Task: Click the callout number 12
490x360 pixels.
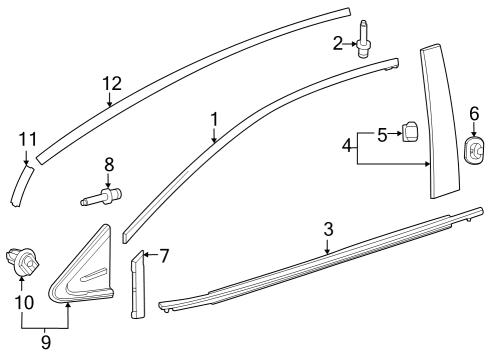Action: click(110, 84)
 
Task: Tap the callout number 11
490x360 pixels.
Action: click(27, 139)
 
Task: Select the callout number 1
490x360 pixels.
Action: click(213, 119)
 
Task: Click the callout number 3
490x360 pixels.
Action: click(327, 229)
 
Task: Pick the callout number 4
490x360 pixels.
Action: click(347, 146)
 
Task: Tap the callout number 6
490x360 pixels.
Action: click(474, 114)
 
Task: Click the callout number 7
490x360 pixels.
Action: click(163, 256)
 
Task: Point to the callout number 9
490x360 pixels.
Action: click(45, 342)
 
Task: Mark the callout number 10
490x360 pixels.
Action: click(23, 301)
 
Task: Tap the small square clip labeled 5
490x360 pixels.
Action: click(410, 133)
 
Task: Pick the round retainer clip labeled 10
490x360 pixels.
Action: click(23, 262)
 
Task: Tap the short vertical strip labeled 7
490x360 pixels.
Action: click(137, 284)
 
